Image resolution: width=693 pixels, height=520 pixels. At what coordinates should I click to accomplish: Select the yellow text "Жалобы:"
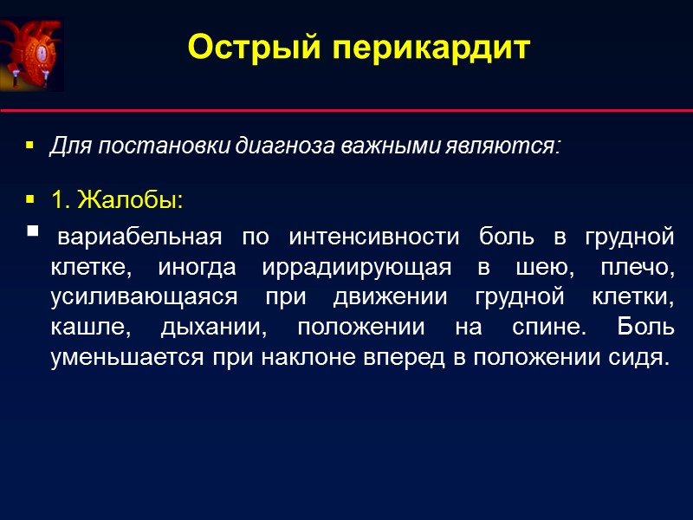click(x=130, y=200)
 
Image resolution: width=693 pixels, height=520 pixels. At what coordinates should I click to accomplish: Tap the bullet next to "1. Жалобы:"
click(x=30, y=200)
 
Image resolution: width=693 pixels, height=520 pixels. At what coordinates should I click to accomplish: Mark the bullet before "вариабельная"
click(x=33, y=231)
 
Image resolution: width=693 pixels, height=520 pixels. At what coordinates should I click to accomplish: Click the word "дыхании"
click(x=209, y=329)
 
